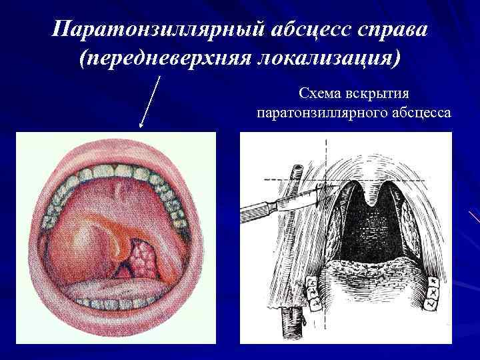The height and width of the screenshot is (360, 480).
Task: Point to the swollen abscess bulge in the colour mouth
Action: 90,233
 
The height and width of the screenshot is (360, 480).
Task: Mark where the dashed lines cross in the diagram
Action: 326,179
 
